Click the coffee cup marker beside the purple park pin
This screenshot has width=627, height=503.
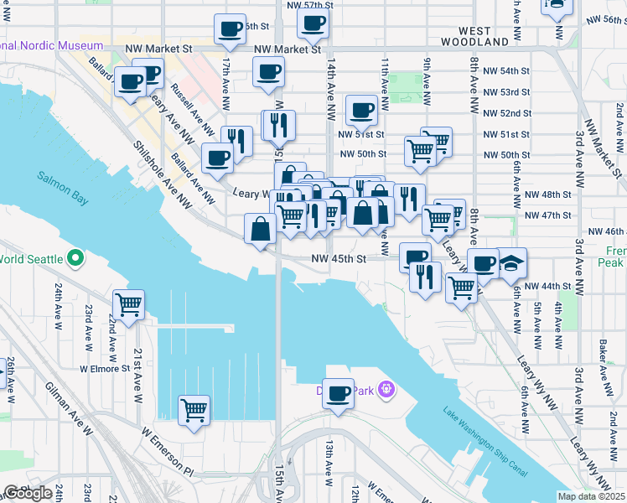coord(338,393)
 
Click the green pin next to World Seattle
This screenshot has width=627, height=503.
coord(75,258)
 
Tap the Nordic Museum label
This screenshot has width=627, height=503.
coord(52,45)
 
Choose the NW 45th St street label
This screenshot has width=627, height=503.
coord(339,259)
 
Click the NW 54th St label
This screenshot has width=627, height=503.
coord(507,70)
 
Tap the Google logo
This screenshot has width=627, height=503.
coord(28,493)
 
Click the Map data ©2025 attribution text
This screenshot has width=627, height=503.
coord(591,496)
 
